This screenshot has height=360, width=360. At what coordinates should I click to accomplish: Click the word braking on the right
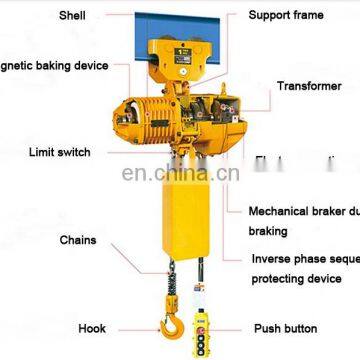pyautogui.click(x=268, y=231)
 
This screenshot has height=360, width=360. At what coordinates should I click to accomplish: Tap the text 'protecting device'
pyautogui.click(x=296, y=278)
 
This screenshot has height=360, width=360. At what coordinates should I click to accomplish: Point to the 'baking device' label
pyautogui.click(x=55, y=66)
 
